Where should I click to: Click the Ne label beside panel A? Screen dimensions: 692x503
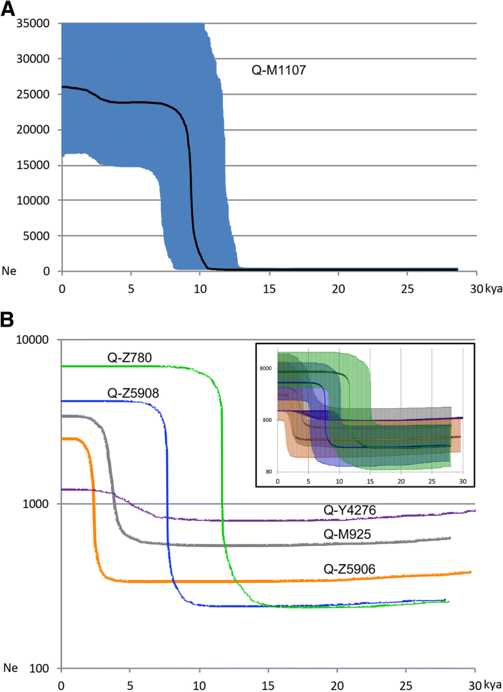click(10, 271)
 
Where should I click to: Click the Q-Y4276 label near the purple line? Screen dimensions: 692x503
click(349, 510)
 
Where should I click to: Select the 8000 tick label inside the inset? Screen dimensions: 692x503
click(267, 368)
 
